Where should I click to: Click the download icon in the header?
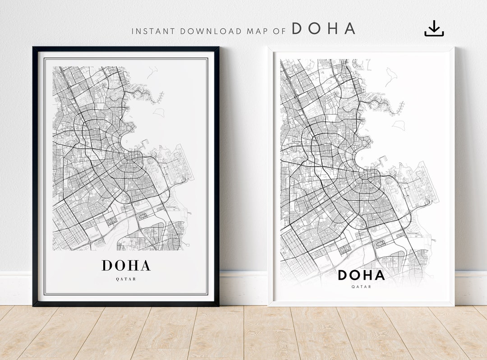pyautogui.click(x=434, y=28)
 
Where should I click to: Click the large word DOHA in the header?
pyautogui.click(x=323, y=29)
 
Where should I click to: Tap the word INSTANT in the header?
pyautogui.click(x=154, y=32)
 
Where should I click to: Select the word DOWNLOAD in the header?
pyautogui.click(x=211, y=32)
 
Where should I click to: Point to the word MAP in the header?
pyautogui.click(x=257, y=32)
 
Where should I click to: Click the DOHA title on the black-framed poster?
pyautogui.click(x=126, y=265)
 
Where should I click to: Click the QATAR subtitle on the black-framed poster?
pyautogui.click(x=126, y=279)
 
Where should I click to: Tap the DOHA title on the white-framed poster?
pyautogui.click(x=361, y=275)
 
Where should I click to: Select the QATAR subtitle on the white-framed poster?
pyautogui.click(x=361, y=286)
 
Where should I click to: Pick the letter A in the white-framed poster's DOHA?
pyautogui.click(x=379, y=275)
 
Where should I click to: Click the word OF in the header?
pyautogui.click(x=280, y=32)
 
